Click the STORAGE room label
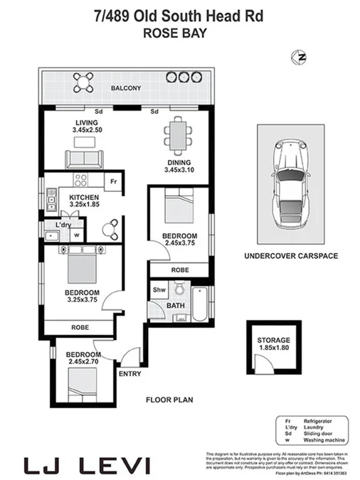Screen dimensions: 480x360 coord(273,341)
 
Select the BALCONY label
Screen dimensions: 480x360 coord(125,88)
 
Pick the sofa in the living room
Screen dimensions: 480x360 coord(84,157)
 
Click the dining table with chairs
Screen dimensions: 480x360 coord(176,134)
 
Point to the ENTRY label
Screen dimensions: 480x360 coord(131,373)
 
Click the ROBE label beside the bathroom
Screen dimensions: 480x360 coord(179,270)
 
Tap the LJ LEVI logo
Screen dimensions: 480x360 coord(88,466)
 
